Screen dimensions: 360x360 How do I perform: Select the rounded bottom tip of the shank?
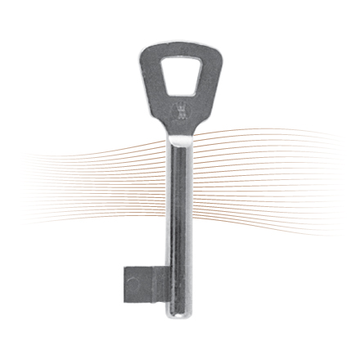point(178,315)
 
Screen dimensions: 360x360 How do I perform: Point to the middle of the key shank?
point(179,213)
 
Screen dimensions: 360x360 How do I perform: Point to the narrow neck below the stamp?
point(180,127)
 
